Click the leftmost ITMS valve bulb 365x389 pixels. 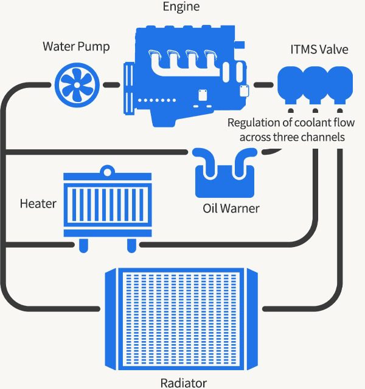291,86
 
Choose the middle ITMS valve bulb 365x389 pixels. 315,86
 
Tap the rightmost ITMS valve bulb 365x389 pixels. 338,86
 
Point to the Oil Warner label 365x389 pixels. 231,209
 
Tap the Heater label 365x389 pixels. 38,203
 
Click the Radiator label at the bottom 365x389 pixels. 183,382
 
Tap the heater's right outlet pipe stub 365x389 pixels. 131,245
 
